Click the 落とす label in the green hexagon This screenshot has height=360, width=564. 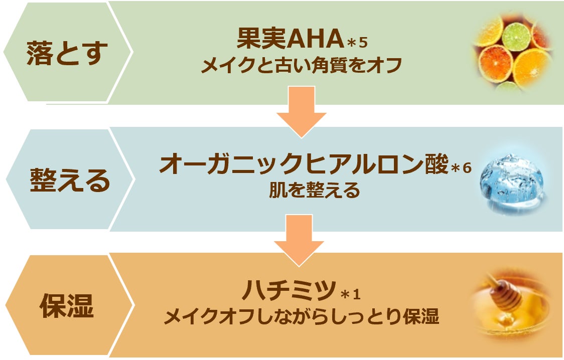[x=67, y=53]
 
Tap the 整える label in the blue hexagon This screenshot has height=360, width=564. [x=70, y=180]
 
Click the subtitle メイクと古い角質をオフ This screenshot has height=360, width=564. [x=301, y=65]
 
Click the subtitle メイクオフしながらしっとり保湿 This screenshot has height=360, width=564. [x=302, y=317]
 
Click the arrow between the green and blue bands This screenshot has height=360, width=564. [x=302, y=112]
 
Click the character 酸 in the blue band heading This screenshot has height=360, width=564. [x=435, y=164]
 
